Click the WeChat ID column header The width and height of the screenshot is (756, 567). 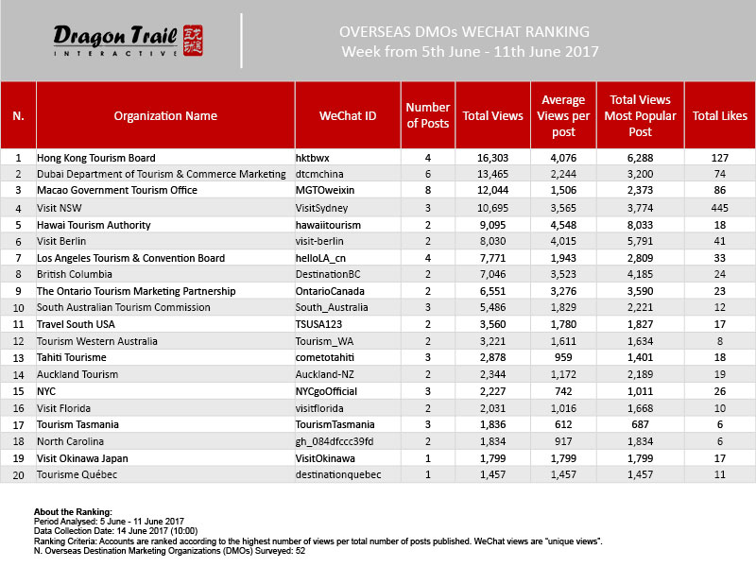coord(349,116)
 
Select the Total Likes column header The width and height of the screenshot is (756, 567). coord(720,116)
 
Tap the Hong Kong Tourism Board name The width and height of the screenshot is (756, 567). coord(95,158)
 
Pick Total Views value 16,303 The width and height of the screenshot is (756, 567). coord(491,158)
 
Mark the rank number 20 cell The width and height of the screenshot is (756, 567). coord(18,473)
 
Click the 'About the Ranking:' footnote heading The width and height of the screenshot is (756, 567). coord(74,510)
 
